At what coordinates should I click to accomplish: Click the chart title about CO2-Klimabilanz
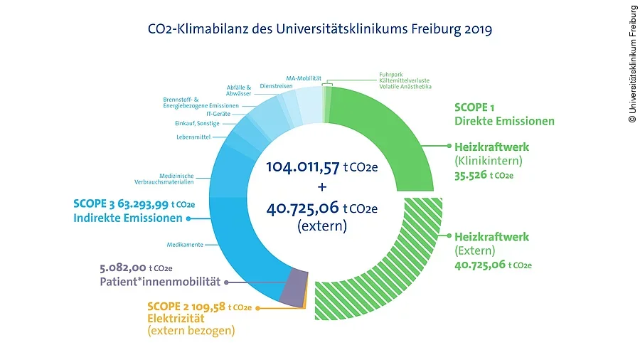[x=319, y=30]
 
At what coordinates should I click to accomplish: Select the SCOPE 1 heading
[x=474, y=108]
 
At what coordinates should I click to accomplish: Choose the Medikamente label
[x=185, y=245]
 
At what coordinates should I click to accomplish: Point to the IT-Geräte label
[x=218, y=113]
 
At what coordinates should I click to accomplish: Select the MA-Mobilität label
[x=304, y=78]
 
